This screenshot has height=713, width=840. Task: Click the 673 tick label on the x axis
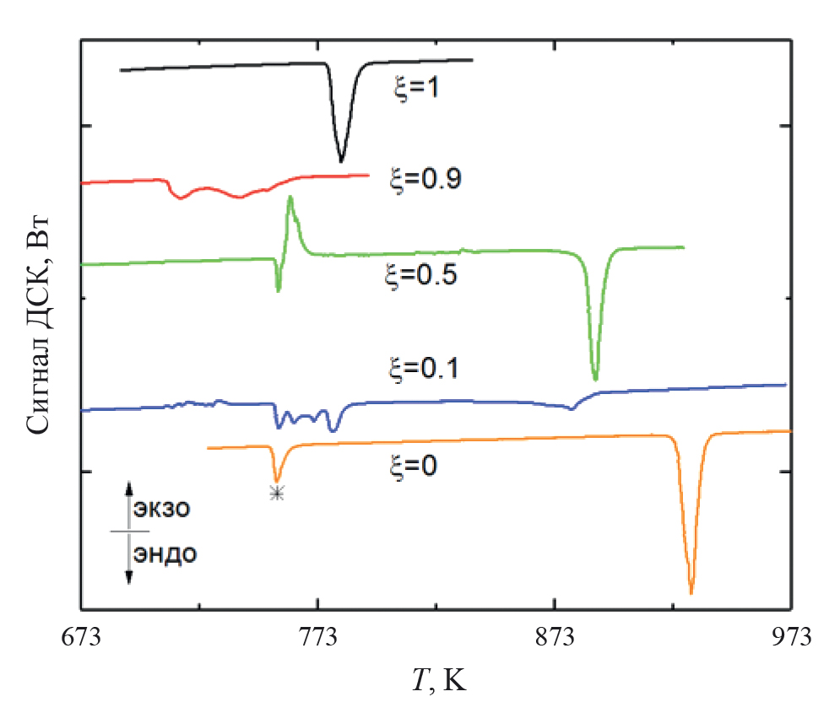coord(82,635)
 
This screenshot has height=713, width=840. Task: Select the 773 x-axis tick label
coord(317,635)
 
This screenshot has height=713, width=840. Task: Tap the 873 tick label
coord(554,635)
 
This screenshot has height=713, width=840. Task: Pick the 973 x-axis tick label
coord(790,635)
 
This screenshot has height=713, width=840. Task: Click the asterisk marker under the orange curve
coord(277,494)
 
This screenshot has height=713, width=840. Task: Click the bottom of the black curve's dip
coord(341,160)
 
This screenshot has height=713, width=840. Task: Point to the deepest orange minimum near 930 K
coord(691,592)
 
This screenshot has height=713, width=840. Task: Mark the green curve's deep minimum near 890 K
coord(596,379)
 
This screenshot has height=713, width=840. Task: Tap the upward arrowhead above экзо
coord(129,487)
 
